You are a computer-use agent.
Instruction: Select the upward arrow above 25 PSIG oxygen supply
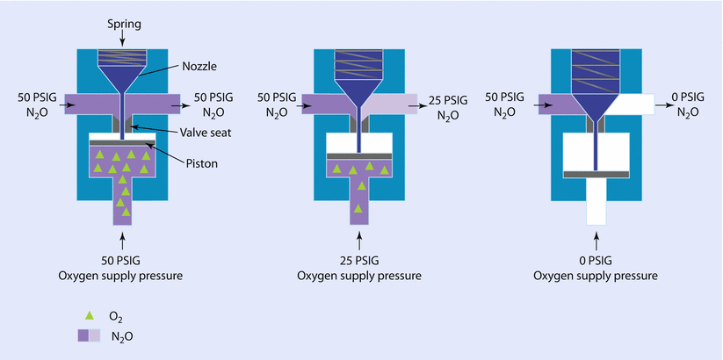pos(359,238)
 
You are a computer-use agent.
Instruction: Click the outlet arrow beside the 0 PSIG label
pos(663,107)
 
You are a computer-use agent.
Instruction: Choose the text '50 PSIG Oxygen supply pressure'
pos(122,270)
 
